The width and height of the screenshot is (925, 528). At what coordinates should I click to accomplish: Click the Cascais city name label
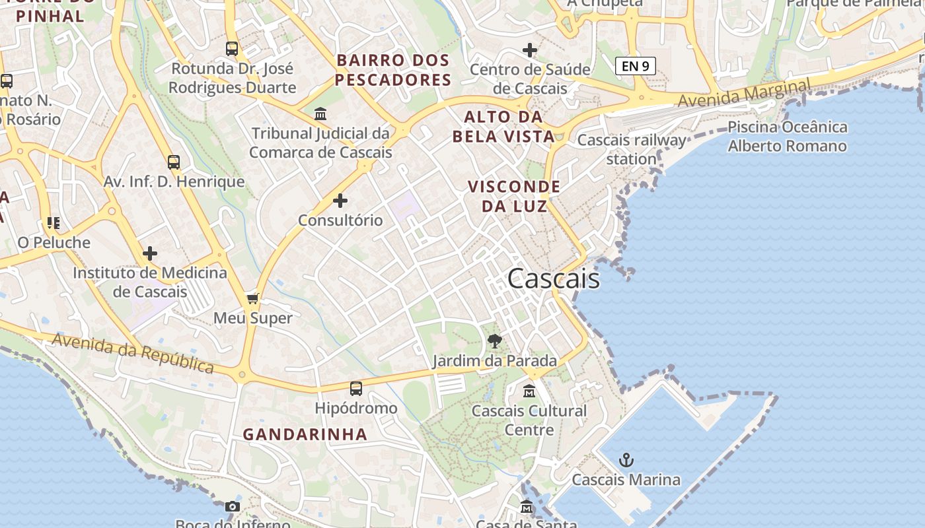pos(554,279)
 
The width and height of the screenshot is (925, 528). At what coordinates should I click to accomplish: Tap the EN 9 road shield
pos(635,66)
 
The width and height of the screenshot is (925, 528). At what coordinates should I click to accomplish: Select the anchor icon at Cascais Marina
pos(626,460)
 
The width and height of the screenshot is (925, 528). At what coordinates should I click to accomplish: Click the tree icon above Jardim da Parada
pos(494,341)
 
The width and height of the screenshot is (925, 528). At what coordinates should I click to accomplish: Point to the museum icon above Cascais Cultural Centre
pos(529,391)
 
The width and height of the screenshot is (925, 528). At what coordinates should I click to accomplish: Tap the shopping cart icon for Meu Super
pos(252,299)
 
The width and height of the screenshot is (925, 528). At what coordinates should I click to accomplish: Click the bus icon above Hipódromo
pos(356,389)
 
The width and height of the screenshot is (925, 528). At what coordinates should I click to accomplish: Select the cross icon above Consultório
pos(340,201)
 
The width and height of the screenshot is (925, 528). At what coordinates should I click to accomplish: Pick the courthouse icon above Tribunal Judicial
pos(320,114)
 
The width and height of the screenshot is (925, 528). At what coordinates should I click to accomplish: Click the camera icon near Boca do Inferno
pos(233,507)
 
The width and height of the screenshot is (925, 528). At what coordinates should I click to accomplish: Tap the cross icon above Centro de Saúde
pos(529,50)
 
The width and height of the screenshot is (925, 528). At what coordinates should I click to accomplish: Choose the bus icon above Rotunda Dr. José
pos(232,49)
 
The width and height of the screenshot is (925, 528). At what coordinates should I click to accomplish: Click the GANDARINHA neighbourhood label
pos(305,434)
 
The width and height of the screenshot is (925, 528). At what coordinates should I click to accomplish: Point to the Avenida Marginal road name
pos(744,94)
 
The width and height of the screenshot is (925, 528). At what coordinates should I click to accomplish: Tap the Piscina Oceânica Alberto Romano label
pos(787,137)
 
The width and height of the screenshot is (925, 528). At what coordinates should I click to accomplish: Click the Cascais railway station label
pos(632,149)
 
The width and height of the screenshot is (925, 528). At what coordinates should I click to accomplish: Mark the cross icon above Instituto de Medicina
pos(150,253)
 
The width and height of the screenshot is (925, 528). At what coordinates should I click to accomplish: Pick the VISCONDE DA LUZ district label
pos(514,196)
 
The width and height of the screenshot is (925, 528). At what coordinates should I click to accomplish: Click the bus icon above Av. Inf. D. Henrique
pos(174,162)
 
